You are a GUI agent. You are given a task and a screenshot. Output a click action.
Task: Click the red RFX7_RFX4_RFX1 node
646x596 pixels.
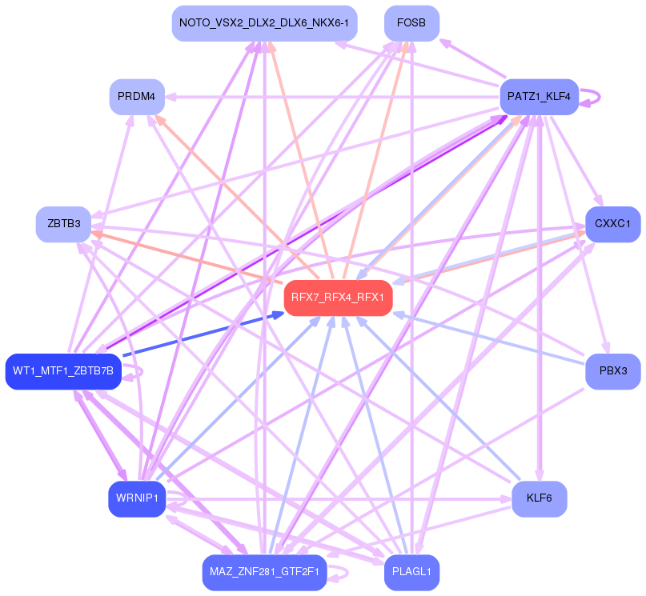pyautogui.click(x=338, y=298)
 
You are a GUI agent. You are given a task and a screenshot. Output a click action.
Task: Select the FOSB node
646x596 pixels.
pyautogui.click(x=411, y=23)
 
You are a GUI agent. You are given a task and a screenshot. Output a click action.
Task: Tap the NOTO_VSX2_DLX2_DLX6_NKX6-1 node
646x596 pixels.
pyautogui.click(x=264, y=23)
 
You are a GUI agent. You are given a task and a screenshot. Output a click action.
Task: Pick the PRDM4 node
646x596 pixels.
pyautogui.click(x=137, y=97)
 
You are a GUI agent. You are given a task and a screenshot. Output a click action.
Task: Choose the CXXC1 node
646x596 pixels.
pyautogui.click(x=613, y=225)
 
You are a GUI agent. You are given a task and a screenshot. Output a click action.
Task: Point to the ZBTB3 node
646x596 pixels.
pyautogui.click(x=64, y=223)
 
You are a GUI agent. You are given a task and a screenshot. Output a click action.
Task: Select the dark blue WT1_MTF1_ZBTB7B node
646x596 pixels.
pyautogui.click(x=63, y=371)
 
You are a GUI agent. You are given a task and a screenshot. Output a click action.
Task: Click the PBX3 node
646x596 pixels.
pyautogui.click(x=613, y=371)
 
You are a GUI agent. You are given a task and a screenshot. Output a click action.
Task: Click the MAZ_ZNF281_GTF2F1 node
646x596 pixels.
pyautogui.click(x=264, y=572)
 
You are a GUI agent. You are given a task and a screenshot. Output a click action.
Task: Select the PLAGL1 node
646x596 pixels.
pyautogui.click(x=411, y=572)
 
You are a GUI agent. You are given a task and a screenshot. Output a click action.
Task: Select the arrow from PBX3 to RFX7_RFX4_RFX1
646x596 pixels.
pyautogui.click(x=488, y=340)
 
